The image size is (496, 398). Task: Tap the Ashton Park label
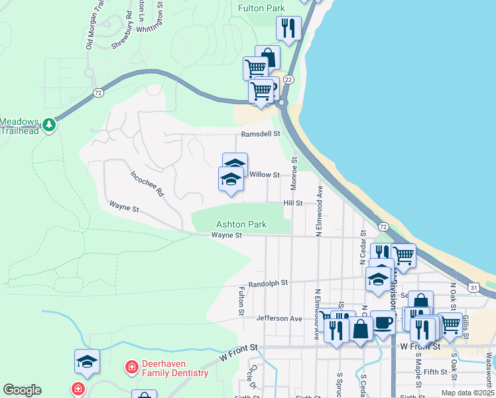pyautogui.click(x=241, y=225)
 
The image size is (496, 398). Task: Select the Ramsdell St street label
pyautogui.click(x=261, y=133)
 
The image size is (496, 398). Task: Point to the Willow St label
pyautogui.click(x=265, y=175)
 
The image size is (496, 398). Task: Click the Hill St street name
pyautogui.click(x=292, y=203)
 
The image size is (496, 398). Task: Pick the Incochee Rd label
pyautogui.click(x=147, y=185)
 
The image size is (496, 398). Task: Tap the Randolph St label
pyautogui.click(x=268, y=283)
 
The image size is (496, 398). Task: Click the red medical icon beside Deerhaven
pyautogui.click(x=131, y=366)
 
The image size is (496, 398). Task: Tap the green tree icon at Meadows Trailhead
pyautogui.click(x=48, y=124)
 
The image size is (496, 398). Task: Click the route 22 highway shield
pyautogui.click(x=288, y=79)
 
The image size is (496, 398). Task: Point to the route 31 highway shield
pyautogui.click(x=473, y=287)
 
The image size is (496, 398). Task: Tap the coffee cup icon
pyautogui.click(x=383, y=322)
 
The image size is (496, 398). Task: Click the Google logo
pyautogui.click(x=23, y=390)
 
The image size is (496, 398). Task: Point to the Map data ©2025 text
pyautogui.click(x=467, y=393)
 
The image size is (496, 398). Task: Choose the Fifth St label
pyautogui.click(x=435, y=372)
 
